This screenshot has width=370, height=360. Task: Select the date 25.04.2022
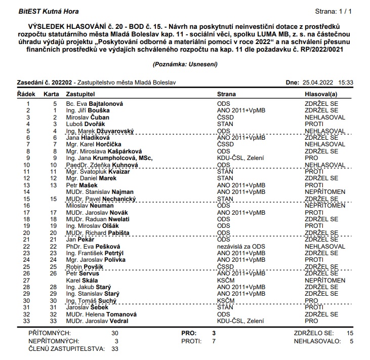pyautogui.click(x=318, y=82)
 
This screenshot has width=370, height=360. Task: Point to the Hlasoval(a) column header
pyautogui.click(x=320, y=95)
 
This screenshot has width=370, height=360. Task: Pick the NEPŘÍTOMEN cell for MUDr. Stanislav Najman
pyautogui.click(x=325, y=192)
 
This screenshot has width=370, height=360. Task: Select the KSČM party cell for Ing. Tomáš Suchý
pyautogui.click(x=226, y=300)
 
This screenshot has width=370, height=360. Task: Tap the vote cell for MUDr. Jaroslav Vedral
pyautogui.click(x=311, y=321)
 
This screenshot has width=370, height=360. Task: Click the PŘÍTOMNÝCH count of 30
pyautogui.click(x=115, y=334)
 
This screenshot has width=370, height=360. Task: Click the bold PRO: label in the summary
pyautogui.click(x=189, y=334)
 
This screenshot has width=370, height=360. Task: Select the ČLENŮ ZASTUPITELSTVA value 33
pyautogui.click(x=115, y=349)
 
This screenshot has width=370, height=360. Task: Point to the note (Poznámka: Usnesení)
pyautogui.click(x=185, y=65)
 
